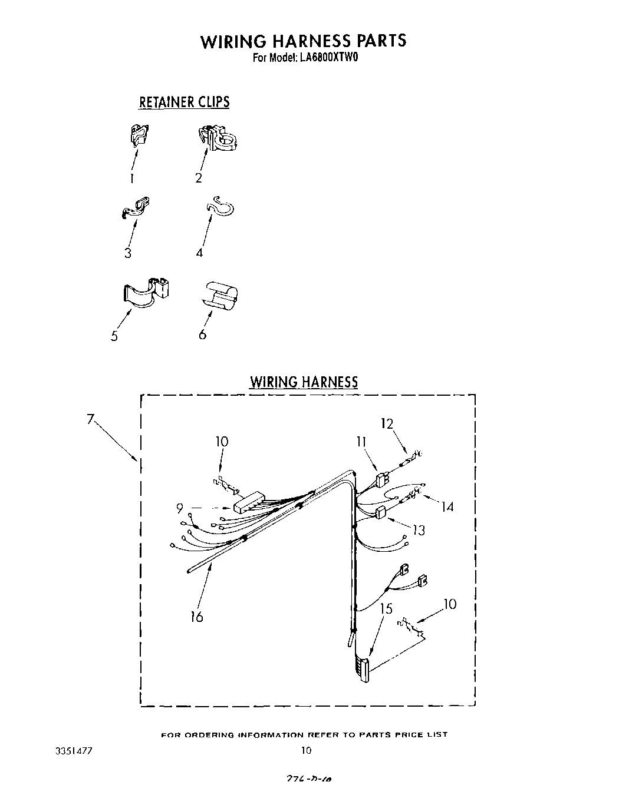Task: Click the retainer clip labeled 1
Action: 139,135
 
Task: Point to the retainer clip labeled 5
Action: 147,292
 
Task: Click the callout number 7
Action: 90,419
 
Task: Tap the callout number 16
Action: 197,617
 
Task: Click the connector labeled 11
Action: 381,479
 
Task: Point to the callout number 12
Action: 387,423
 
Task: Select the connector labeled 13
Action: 380,513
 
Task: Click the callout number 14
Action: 447,506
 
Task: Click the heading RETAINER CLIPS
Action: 184,102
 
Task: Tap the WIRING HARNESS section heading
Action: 304,382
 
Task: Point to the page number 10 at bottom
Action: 306,750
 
